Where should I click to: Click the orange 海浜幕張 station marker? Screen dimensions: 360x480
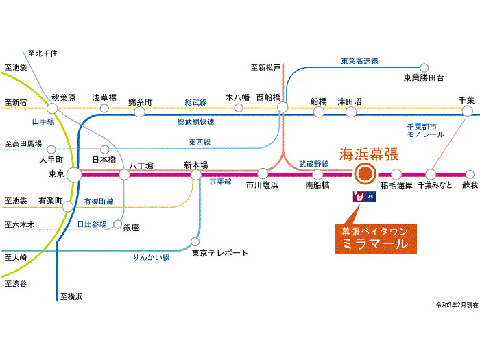364,174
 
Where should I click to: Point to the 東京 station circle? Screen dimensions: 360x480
73,175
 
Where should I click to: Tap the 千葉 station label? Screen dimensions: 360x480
466,100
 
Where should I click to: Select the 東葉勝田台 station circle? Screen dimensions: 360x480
424,68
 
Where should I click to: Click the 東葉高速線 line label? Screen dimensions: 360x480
361,61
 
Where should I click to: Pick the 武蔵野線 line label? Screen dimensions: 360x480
314,164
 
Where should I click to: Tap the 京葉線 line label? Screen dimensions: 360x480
220,182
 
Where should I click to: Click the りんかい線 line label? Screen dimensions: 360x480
151,257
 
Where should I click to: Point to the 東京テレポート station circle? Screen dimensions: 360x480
196,242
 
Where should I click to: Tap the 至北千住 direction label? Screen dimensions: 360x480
42,53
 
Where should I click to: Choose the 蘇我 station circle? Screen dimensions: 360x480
470,175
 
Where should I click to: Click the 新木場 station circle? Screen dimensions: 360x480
196,175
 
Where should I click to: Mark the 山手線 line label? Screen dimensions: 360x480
43,121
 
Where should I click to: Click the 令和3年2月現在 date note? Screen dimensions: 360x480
456,304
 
